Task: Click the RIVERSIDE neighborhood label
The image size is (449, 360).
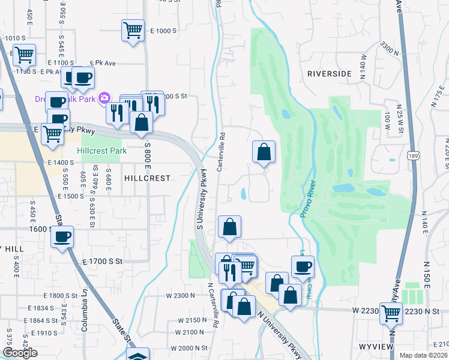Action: click(329, 74)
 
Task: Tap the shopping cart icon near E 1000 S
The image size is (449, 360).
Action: click(132, 30)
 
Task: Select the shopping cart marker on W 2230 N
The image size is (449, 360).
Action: click(391, 311)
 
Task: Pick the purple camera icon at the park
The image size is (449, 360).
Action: click(104, 97)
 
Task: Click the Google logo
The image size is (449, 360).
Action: click(19, 353)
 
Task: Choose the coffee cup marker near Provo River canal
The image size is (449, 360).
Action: click(302, 266)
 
